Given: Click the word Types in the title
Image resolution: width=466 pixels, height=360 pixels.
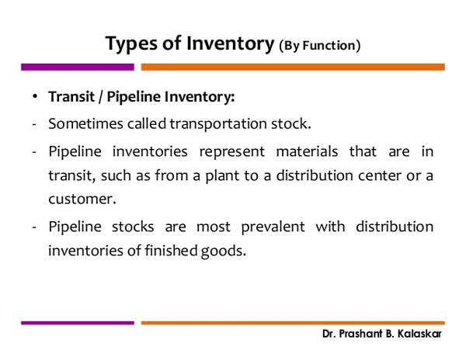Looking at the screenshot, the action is pyautogui.click(x=130, y=44).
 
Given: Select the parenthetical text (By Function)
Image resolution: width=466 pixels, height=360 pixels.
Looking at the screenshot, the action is pyautogui.click(x=320, y=46).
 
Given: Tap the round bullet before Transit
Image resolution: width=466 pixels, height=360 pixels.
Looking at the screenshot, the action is pyautogui.click(x=35, y=96).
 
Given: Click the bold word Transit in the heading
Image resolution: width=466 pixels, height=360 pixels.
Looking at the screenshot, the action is pyautogui.click(x=71, y=96).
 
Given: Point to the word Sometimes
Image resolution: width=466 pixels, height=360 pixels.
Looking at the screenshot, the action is pyautogui.click(x=85, y=123).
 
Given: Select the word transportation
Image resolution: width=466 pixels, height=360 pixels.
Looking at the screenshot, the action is pyautogui.click(x=218, y=124).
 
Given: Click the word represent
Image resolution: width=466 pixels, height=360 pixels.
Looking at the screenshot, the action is pyautogui.click(x=231, y=152).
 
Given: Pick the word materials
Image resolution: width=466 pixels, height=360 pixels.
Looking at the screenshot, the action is pyautogui.click(x=307, y=151).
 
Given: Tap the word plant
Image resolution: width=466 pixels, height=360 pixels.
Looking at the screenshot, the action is pyautogui.click(x=222, y=175).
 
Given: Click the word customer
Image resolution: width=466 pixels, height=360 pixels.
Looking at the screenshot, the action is pyautogui.click(x=82, y=199).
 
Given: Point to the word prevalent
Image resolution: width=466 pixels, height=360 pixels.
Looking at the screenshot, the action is pyautogui.click(x=273, y=227).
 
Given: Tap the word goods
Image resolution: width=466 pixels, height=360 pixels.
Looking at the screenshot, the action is pyautogui.click(x=224, y=251).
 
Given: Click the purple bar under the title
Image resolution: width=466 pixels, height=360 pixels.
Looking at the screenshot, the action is pyautogui.click(x=78, y=67).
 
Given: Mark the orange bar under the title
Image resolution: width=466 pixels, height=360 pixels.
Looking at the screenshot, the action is pyautogui.click(x=293, y=67).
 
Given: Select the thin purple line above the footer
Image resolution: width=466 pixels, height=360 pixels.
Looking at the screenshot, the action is pyautogui.click(x=78, y=323).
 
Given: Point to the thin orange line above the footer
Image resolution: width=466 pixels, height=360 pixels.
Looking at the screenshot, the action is pyautogui.click(x=293, y=323).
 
